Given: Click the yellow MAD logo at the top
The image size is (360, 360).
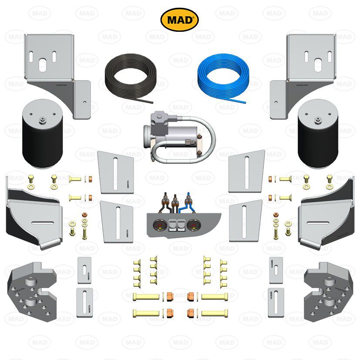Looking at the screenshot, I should click(180, 20).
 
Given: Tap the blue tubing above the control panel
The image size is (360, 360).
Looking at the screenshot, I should click(188, 205).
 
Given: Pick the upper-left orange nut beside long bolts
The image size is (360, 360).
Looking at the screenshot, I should click(168, 296).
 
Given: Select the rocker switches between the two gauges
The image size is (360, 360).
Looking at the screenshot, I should click(176, 225).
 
